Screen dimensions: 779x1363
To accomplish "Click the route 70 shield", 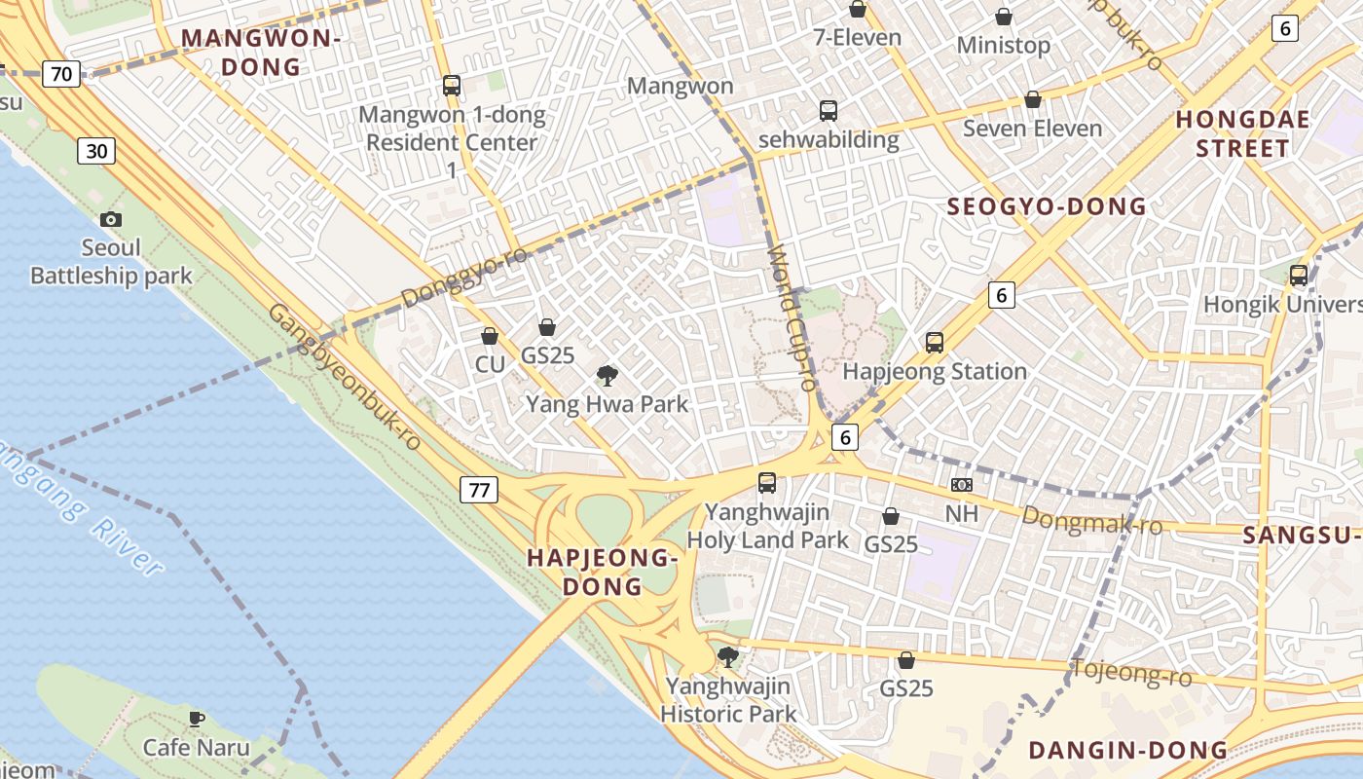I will click(x=61, y=73).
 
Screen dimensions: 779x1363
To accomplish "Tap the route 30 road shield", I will click(x=95, y=150).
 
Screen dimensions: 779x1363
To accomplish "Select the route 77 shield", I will click(x=479, y=489).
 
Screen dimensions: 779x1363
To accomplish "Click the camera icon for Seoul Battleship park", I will click(x=111, y=219).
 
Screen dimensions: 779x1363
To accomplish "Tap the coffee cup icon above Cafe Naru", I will click(x=197, y=719).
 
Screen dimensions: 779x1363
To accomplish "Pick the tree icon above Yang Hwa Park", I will click(x=608, y=375).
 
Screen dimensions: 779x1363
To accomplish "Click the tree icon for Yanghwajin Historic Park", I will click(x=727, y=657).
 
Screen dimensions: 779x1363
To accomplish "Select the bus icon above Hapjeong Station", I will click(x=935, y=342).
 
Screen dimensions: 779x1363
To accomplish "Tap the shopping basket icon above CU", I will click(x=490, y=336).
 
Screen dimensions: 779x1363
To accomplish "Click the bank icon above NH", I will click(x=961, y=484).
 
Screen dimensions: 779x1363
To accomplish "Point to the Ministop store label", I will click(x=1004, y=45).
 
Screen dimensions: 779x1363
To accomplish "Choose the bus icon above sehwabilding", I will click(x=829, y=110).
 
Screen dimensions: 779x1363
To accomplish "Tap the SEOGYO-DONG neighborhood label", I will click(x=1047, y=206).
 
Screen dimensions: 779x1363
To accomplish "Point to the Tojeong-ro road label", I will click(x=1131, y=672).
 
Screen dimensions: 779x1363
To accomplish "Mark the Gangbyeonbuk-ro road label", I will click(x=345, y=376).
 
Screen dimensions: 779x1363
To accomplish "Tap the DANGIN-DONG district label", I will click(x=1127, y=750).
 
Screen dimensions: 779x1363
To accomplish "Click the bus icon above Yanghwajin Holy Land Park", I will click(x=767, y=482).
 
